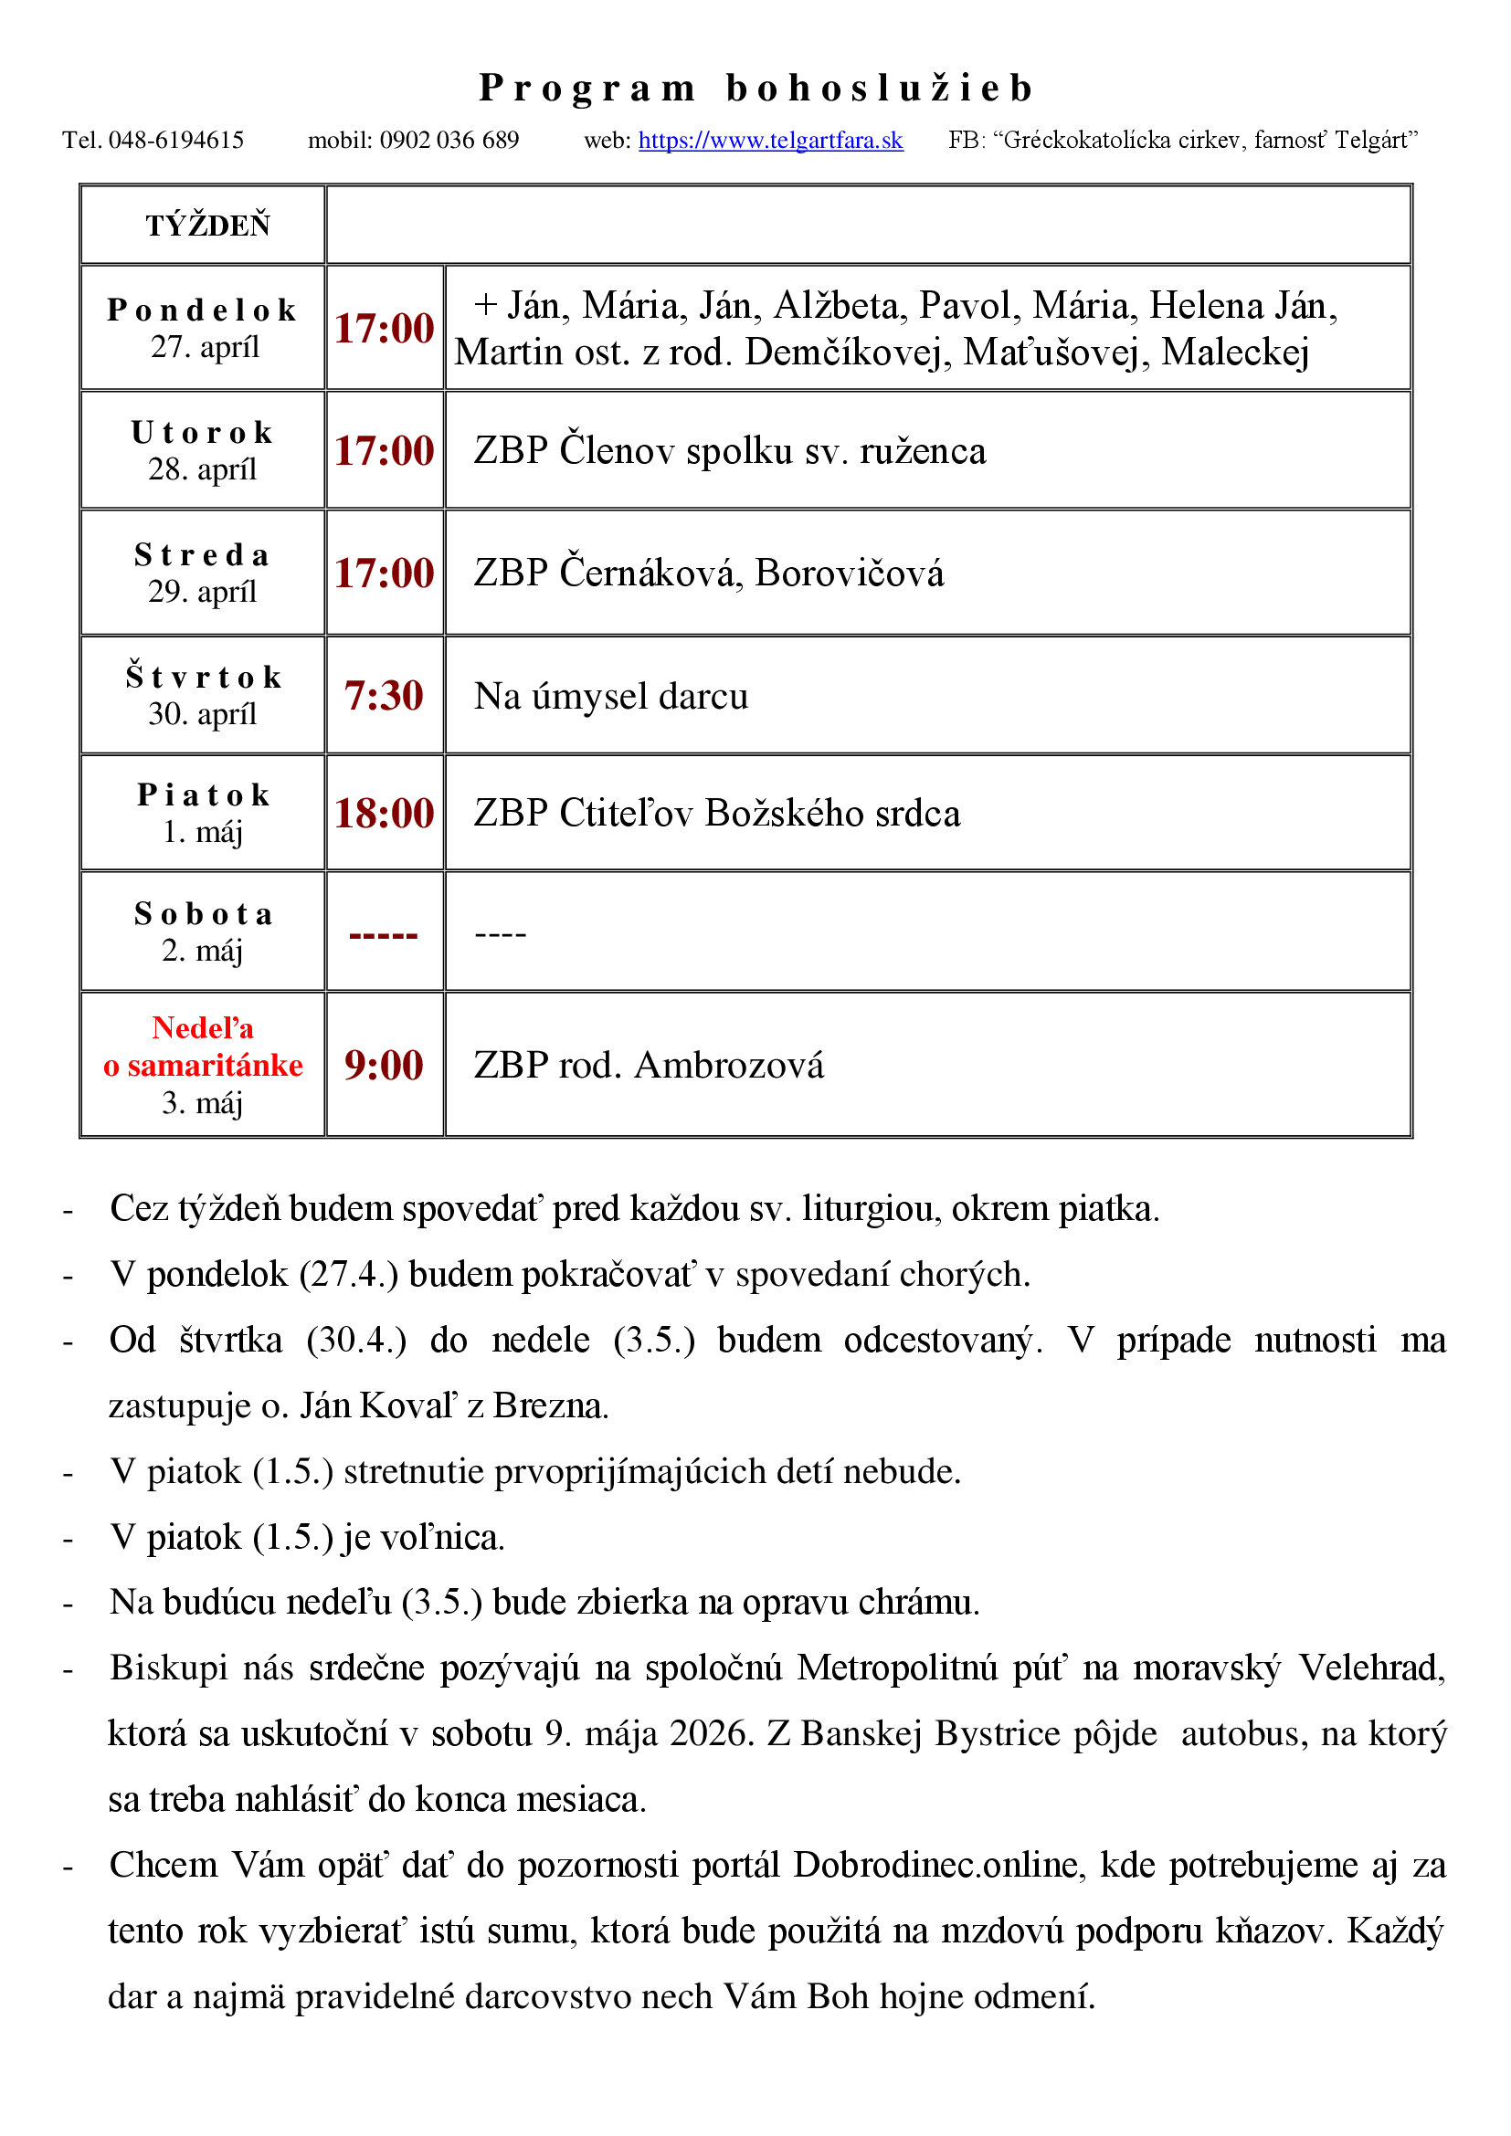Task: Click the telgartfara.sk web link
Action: click(770, 141)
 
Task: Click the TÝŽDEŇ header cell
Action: click(207, 226)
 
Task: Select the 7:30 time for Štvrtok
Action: click(384, 696)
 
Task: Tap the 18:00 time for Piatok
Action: click(384, 813)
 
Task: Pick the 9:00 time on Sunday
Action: click(384, 1065)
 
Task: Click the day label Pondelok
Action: click(202, 310)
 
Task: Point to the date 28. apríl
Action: click(202, 468)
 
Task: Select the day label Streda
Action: click(202, 555)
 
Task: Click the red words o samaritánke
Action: click(203, 1065)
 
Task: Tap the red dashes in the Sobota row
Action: click(384, 934)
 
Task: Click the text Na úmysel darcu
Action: click(610, 696)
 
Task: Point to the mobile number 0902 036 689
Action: click(449, 141)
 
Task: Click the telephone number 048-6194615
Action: click(175, 141)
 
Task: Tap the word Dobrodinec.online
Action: click(940, 1866)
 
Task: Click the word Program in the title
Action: click(587, 89)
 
